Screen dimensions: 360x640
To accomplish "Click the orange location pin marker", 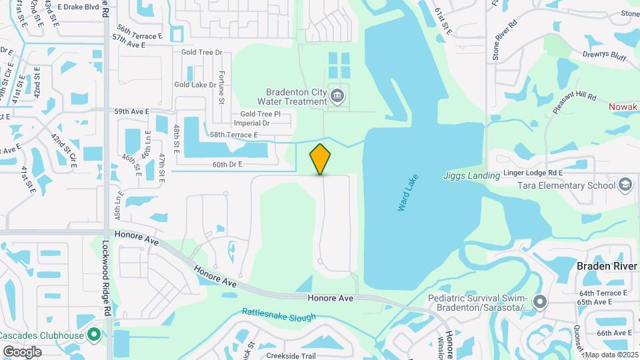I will coord(321,159).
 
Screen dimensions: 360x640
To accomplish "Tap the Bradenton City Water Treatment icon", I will coord(338,97).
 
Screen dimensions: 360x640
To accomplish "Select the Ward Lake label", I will coord(407,195).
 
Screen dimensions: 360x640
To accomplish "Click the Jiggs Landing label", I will coord(471,176).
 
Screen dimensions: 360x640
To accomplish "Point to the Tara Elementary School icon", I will coord(625,185).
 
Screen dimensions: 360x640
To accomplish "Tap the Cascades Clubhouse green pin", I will coord(94,333).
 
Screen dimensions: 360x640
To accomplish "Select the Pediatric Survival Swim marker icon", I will coord(539,302).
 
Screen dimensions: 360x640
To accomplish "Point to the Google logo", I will coord(22,351).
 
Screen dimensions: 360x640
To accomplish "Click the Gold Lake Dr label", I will coord(195,85).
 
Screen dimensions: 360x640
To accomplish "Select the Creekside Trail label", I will coord(291,355).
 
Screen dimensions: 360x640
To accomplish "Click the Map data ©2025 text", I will coord(610,354).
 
